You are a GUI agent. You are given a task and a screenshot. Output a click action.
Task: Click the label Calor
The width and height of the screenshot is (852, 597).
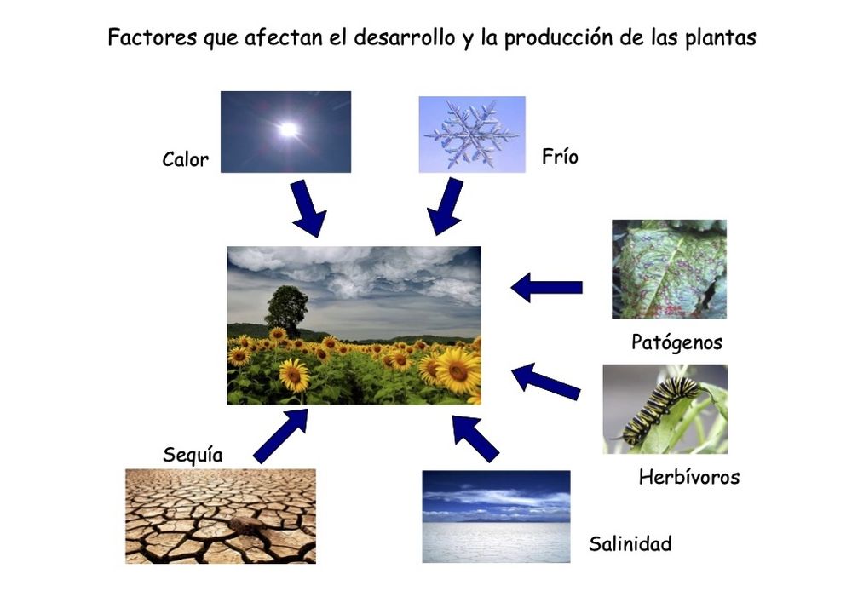click(x=185, y=159)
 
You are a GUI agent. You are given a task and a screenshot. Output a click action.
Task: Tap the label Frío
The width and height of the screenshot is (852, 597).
click(x=559, y=157)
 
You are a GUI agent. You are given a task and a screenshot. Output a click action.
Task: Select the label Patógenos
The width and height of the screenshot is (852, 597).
click(x=676, y=342)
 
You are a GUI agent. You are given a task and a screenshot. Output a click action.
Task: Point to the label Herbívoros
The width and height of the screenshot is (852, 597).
click(x=688, y=477)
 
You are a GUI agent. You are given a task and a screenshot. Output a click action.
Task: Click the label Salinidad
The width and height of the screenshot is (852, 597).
click(x=630, y=543)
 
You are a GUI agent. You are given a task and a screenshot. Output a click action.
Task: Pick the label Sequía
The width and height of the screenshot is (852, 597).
click(x=193, y=455)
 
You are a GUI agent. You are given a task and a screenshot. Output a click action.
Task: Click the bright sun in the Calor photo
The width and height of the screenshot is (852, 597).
click(x=289, y=129)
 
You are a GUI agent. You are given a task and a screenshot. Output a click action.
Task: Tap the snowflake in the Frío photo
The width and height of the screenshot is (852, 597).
click(x=471, y=134)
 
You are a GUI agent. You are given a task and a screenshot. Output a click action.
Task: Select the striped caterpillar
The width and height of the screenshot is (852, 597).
click(x=660, y=410)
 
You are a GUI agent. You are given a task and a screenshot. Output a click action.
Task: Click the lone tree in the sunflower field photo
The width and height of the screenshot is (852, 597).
click(x=287, y=310)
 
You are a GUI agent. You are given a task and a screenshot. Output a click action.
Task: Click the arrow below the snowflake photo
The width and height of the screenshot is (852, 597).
click(x=446, y=206)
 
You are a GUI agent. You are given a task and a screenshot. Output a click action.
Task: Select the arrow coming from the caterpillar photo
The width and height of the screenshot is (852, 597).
click(x=545, y=380)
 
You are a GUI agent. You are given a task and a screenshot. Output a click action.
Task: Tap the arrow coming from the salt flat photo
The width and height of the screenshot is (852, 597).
click(x=474, y=436)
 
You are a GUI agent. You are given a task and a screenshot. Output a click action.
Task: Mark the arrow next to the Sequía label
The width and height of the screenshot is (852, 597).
click(x=280, y=435)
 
